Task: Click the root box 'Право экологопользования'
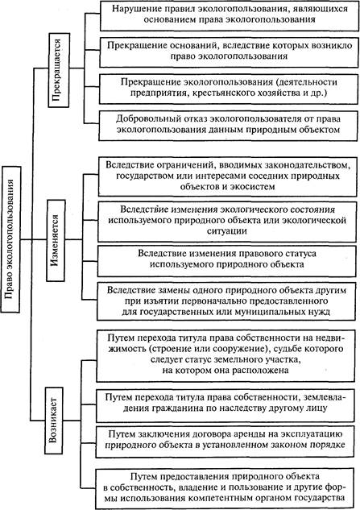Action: [x=11, y=239]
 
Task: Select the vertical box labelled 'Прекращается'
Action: [x=59, y=70]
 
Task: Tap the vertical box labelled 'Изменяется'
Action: [x=56, y=240]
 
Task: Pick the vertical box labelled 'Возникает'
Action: [x=53, y=421]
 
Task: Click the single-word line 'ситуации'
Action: [x=227, y=231]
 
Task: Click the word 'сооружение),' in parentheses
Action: [x=242, y=349]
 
